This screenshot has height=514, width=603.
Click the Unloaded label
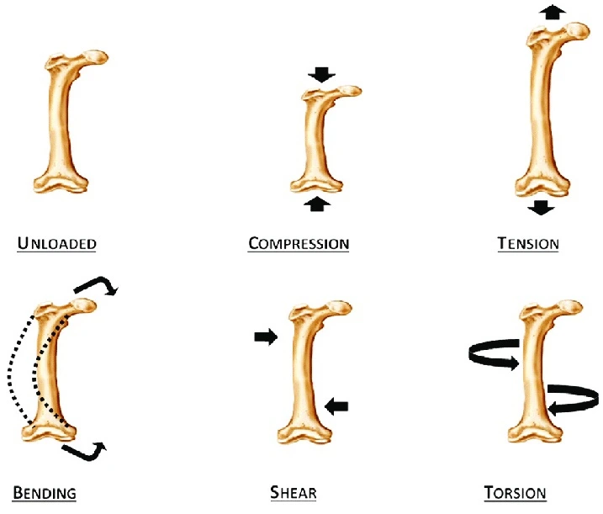(x=57, y=244)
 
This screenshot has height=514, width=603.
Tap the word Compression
(x=299, y=244)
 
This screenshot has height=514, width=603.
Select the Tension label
(x=528, y=244)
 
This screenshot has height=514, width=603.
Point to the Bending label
(x=45, y=492)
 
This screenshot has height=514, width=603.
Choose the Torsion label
(x=516, y=492)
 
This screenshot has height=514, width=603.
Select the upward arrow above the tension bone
(x=552, y=12)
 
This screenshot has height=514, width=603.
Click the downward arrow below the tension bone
(x=540, y=207)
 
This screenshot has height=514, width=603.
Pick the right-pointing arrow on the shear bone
(x=266, y=337)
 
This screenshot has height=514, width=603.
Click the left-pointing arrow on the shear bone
(x=336, y=407)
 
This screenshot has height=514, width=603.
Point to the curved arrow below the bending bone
(x=86, y=453)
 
